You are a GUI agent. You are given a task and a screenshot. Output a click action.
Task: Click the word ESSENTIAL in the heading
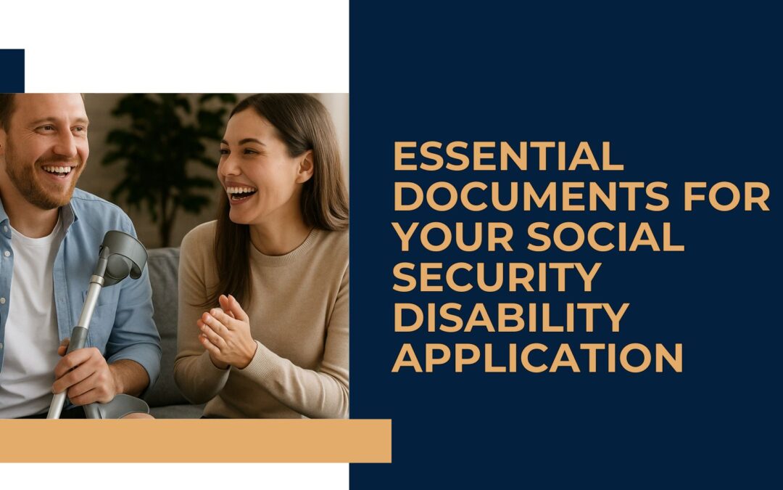508,157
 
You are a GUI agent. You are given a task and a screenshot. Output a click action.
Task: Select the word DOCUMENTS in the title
531,197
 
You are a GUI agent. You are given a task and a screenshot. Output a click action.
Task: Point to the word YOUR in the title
453,237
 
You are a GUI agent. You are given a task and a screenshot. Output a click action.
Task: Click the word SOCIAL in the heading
605,237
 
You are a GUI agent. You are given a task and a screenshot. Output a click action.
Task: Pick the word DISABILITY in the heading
511,317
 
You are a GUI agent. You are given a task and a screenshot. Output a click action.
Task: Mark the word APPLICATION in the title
537,357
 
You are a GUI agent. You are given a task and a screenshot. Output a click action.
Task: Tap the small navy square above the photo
12,70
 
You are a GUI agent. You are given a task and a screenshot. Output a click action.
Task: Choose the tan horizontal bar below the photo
195,441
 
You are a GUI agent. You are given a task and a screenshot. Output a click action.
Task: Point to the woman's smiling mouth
241,192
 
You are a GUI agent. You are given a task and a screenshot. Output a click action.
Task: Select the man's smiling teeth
57,170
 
